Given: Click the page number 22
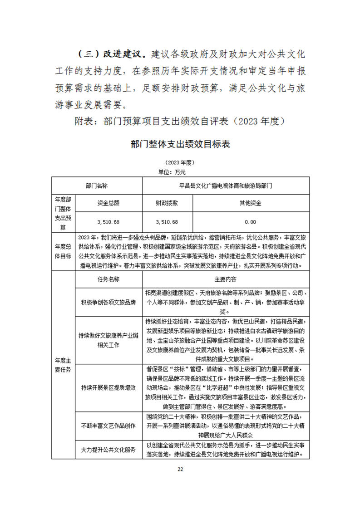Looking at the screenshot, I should [180, 469].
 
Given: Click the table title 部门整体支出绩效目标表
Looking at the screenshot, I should [180, 145].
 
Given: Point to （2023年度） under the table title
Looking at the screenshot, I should [180, 162].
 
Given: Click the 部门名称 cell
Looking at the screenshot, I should [97, 186].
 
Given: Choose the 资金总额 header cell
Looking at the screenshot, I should [108, 203].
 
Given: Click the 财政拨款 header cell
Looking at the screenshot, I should [167, 203].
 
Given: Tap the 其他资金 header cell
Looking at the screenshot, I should [250, 203].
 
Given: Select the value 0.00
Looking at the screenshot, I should [250, 222].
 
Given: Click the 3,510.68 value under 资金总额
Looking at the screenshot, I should [108, 222].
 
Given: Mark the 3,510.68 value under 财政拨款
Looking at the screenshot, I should [167, 222].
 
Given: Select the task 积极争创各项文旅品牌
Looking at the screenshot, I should [108, 302].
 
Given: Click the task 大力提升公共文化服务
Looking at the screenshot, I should [108, 450].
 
